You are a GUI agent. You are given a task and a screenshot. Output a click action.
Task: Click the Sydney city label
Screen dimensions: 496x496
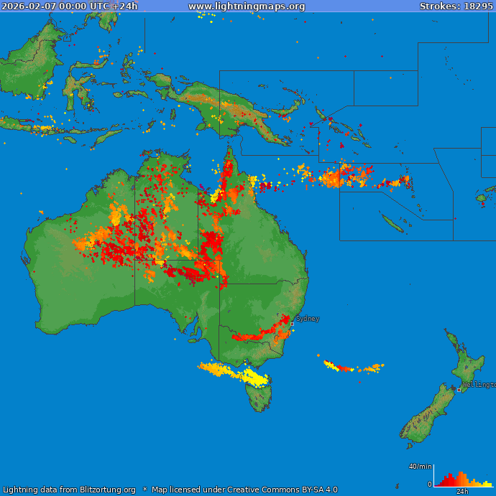click(x=308, y=319)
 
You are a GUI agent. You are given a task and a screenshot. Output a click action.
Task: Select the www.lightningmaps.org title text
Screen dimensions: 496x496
click(x=247, y=6)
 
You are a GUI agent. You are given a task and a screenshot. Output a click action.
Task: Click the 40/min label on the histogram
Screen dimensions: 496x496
click(x=420, y=467)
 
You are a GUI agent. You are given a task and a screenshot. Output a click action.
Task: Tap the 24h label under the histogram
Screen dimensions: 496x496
click(x=462, y=492)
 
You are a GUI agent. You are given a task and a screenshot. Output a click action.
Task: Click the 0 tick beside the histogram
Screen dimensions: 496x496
click(x=430, y=485)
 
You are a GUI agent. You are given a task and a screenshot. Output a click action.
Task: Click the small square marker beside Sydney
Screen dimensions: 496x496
click(x=292, y=324)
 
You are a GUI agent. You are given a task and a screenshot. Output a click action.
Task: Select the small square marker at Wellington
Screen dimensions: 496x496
click(x=459, y=390)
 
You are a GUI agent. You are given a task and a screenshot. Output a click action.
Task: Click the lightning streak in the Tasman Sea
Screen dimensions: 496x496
click(x=352, y=368)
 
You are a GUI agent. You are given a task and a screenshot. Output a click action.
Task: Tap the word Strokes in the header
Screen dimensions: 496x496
click(x=437, y=6)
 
